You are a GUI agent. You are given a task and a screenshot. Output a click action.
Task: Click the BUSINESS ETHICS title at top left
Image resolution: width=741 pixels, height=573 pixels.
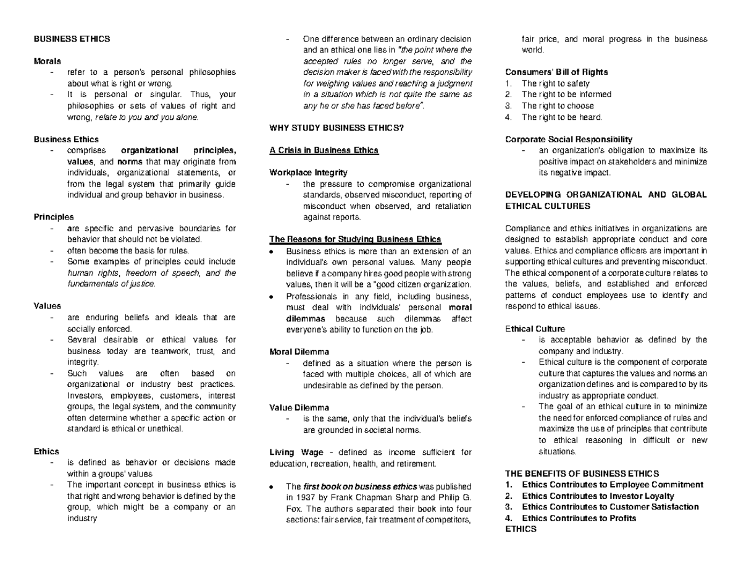(72, 39)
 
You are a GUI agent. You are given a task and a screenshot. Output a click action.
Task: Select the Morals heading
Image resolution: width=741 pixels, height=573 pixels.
(47, 61)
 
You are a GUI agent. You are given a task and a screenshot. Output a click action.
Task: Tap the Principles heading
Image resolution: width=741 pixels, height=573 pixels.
(53, 217)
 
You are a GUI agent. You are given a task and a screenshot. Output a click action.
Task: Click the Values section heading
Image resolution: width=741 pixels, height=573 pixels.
(47, 306)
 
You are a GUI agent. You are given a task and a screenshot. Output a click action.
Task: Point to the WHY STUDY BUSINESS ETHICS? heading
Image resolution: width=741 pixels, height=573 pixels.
(337, 128)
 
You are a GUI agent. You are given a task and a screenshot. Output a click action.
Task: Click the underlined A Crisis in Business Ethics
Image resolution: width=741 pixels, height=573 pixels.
(324, 150)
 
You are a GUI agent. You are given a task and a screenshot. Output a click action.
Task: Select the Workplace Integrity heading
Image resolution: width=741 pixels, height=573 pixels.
(309, 172)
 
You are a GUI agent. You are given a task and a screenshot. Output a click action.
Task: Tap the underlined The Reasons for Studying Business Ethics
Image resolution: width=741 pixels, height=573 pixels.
(356, 239)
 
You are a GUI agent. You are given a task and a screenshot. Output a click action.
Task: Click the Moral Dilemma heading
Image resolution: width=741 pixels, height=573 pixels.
(299, 352)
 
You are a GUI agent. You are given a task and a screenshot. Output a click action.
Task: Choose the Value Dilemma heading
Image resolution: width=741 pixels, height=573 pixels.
(299, 407)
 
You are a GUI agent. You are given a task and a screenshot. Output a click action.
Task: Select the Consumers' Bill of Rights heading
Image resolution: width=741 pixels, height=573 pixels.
(556, 72)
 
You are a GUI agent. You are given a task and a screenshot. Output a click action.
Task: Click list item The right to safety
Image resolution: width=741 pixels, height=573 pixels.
(555, 83)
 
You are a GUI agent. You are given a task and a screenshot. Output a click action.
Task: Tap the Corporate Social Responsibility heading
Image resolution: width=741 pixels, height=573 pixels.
(568, 139)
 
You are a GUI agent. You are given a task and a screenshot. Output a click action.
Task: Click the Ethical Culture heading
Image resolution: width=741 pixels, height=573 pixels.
(535, 328)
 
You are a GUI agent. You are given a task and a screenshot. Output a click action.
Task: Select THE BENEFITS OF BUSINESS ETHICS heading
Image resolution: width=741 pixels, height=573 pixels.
(582, 473)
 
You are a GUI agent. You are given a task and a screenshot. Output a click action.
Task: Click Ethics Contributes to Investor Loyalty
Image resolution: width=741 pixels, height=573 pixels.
(598, 496)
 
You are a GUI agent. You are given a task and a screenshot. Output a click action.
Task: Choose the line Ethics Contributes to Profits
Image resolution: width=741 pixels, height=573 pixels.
(579, 518)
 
